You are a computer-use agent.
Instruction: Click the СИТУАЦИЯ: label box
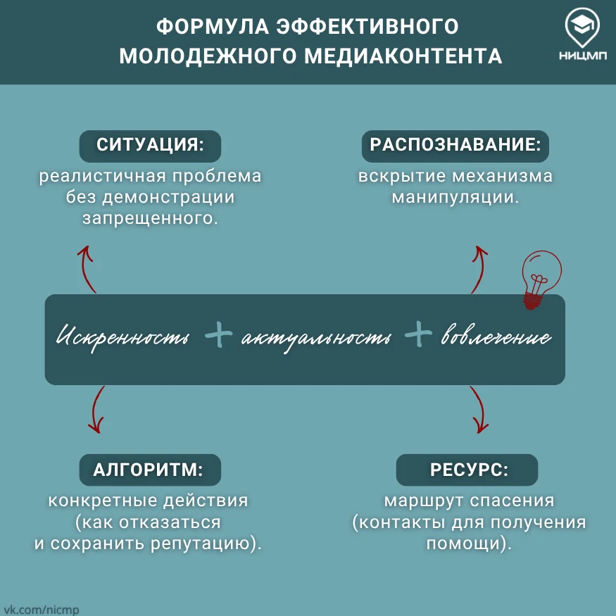coord(150,146)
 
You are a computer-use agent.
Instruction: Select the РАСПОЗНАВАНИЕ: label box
coord(455,146)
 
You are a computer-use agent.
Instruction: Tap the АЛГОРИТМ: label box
coord(150,470)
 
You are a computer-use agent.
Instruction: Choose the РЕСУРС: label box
coord(467,470)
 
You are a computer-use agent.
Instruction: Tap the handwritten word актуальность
coord(316,338)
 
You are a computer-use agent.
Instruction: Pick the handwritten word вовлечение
coord(496,336)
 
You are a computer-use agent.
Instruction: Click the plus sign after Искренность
coord(219,334)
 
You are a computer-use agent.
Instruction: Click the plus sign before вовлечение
coord(418,334)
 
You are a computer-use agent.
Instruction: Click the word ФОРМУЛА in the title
coord(213,27)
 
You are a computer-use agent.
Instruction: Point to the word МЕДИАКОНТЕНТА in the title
coord(403,56)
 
